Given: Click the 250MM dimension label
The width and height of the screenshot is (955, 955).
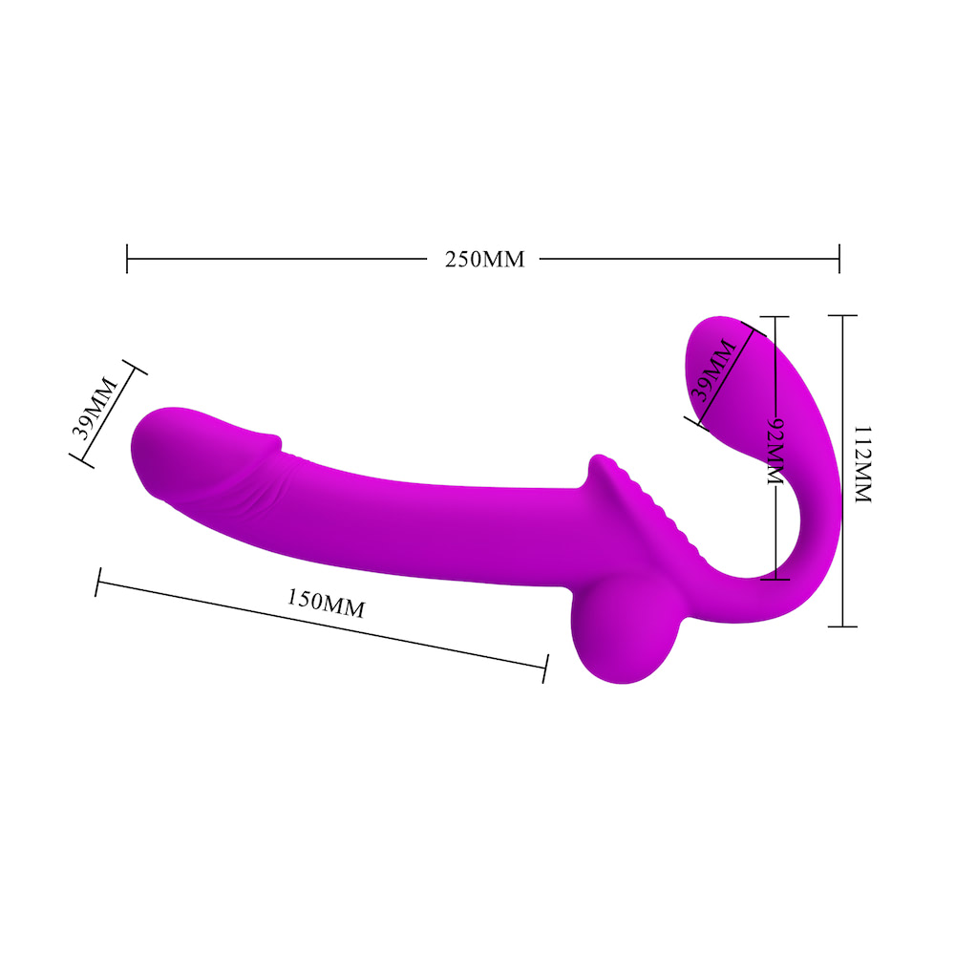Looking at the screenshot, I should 485,259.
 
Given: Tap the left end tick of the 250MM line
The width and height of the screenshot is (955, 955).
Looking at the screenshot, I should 127,258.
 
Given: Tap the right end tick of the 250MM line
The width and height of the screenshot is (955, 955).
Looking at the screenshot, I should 838,258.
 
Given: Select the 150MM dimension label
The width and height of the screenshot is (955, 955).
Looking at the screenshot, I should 326,604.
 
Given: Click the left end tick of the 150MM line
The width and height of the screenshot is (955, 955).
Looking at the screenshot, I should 97,583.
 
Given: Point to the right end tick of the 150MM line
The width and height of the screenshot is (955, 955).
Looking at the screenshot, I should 545,668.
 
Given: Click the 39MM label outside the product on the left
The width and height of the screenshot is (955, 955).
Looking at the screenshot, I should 95,408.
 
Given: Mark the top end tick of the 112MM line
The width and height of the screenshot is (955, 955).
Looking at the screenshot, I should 841,315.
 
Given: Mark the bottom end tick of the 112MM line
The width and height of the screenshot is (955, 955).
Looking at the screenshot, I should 841,626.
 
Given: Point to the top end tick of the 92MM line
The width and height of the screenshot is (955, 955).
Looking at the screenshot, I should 775,317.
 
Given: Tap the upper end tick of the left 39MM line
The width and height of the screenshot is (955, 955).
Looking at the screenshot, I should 133,368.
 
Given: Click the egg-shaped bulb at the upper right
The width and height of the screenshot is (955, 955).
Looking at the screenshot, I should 735,368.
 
